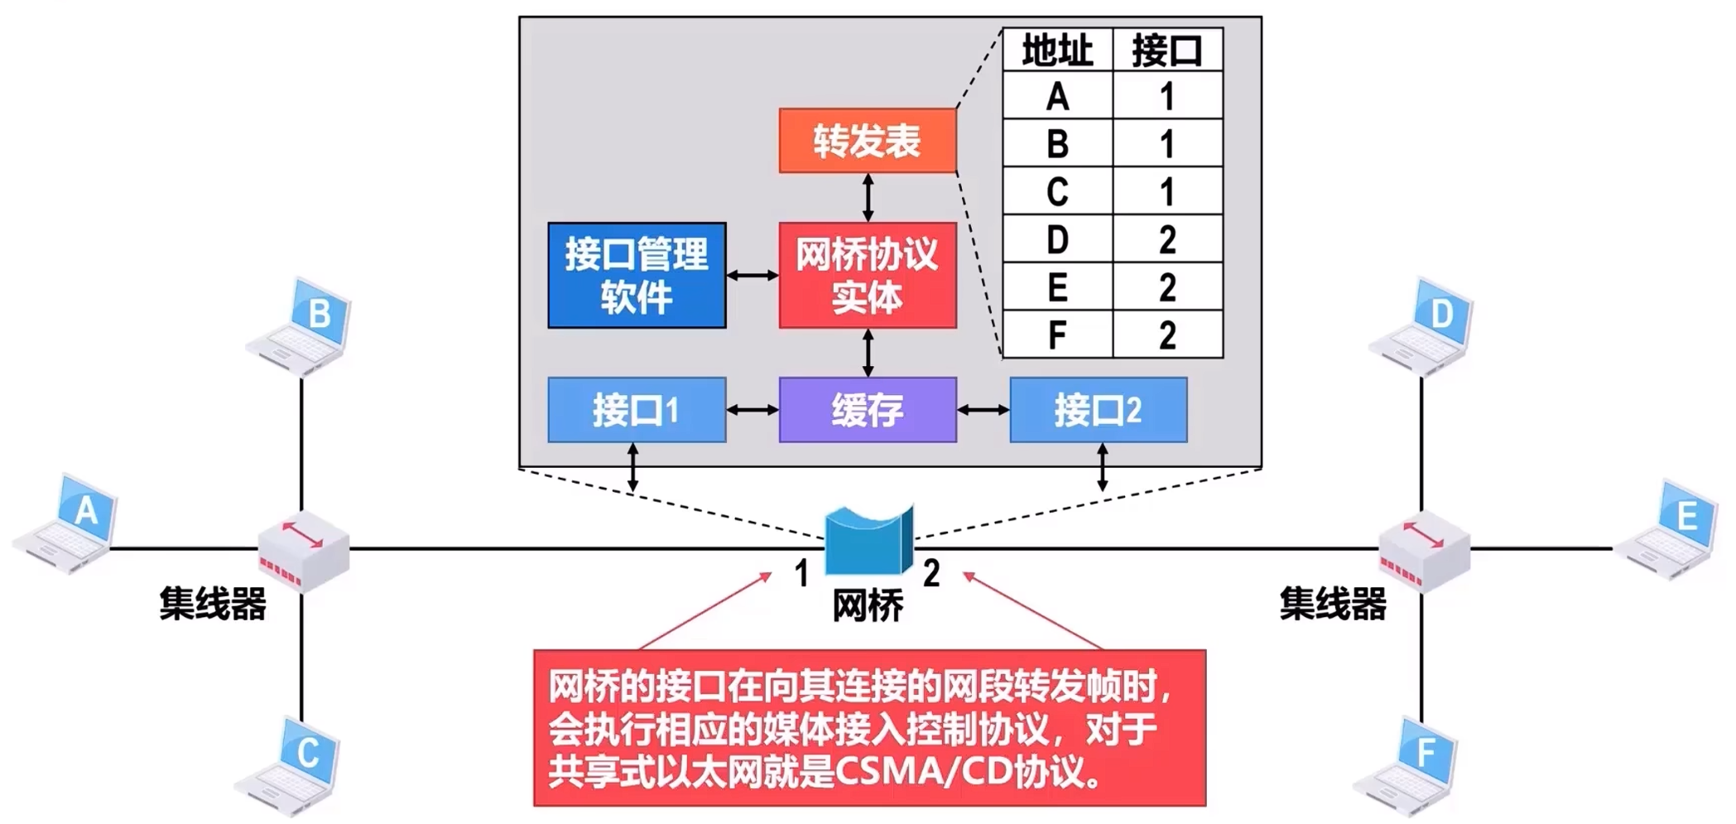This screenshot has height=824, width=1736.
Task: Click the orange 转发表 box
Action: (x=867, y=141)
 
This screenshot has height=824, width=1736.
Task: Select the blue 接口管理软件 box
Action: (x=637, y=275)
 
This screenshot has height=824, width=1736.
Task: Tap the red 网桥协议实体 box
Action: (x=867, y=275)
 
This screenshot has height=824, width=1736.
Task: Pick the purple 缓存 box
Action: (x=867, y=410)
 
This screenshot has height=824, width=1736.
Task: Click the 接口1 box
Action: (x=637, y=410)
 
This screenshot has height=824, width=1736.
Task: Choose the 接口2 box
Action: (x=1098, y=410)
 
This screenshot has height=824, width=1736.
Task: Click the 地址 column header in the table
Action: (x=1057, y=51)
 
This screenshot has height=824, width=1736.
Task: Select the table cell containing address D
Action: (x=1057, y=240)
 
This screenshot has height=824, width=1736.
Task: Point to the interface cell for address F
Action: (x=1167, y=335)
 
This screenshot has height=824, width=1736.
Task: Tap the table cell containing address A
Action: (x=1057, y=97)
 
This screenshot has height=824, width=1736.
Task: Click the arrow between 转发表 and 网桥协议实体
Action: (x=868, y=197)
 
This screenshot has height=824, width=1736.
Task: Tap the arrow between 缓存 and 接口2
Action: (x=983, y=410)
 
